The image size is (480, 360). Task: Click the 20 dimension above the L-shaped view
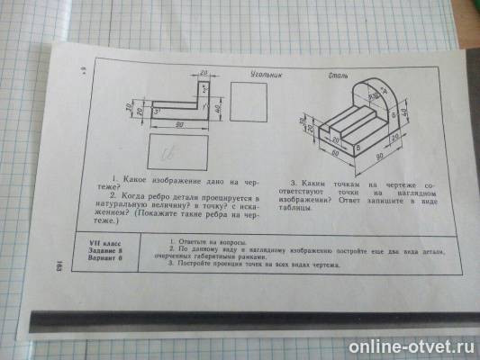click(x=206, y=74)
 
